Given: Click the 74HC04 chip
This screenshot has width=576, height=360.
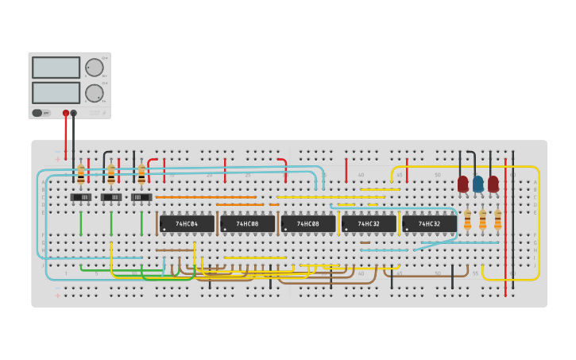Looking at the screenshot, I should (x=187, y=224).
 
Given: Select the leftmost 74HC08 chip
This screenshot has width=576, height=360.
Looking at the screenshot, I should (x=247, y=224).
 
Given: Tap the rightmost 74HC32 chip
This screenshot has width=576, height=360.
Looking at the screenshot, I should (x=429, y=224).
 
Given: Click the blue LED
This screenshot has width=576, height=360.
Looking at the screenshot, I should (x=477, y=184).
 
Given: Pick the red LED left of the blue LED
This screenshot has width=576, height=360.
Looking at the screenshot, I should (x=462, y=184).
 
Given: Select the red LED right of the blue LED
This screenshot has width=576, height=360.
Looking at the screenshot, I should (x=493, y=184).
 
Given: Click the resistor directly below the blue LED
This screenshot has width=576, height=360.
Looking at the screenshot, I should (x=482, y=219).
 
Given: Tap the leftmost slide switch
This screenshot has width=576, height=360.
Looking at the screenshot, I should (x=80, y=197).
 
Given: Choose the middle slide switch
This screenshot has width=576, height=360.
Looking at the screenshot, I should (x=111, y=197).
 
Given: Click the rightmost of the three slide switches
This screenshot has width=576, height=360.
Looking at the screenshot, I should (x=141, y=197).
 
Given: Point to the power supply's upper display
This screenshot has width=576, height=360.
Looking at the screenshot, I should (x=56, y=68).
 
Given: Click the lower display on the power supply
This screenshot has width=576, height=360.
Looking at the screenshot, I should (x=56, y=92).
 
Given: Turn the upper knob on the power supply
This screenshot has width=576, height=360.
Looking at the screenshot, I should (x=94, y=68).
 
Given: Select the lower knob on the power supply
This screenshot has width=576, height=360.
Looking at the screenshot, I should (x=94, y=93).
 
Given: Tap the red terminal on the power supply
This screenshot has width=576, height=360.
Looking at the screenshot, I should (x=66, y=113).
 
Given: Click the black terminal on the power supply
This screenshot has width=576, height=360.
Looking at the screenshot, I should (x=74, y=113).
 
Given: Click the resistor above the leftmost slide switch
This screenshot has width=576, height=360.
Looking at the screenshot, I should (x=80, y=174).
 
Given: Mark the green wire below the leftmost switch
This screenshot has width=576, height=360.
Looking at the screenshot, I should (x=80, y=223).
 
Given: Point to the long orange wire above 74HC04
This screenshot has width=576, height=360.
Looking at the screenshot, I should (x=206, y=197).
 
